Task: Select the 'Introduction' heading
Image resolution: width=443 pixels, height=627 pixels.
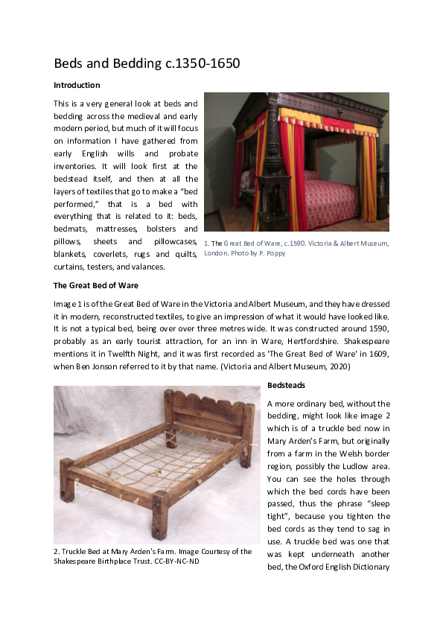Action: coord(77,86)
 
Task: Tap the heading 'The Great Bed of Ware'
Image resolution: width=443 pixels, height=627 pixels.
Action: coord(96,285)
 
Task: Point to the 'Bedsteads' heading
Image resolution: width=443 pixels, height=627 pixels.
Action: coord(286,385)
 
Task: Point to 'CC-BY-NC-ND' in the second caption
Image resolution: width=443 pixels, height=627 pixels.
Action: coord(179,561)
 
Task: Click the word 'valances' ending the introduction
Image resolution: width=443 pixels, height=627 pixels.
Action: coord(153,267)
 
